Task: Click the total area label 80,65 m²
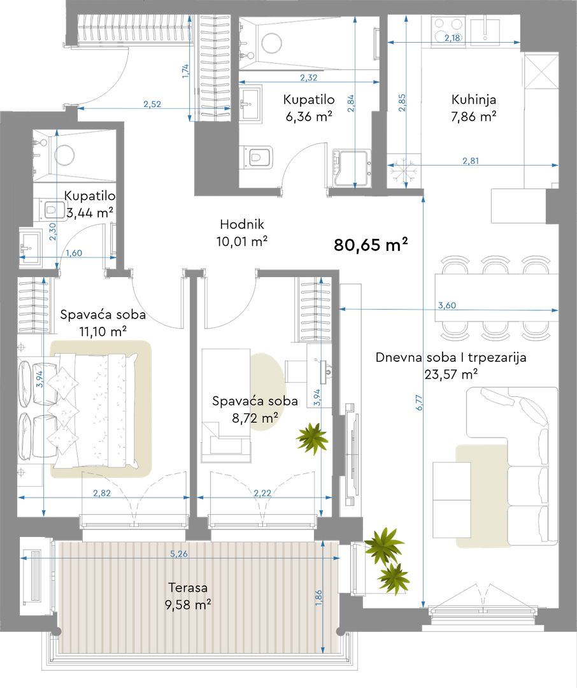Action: click(x=371, y=245)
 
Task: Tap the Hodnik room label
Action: click(x=242, y=224)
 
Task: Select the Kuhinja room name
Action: click(x=473, y=99)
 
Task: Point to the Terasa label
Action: click(x=188, y=587)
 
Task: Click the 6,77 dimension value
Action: click(x=420, y=403)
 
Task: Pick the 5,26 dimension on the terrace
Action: click(x=178, y=554)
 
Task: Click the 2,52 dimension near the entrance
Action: click(x=152, y=104)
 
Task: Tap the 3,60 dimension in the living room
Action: click(x=446, y=305)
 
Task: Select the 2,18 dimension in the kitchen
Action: click(x=452, y=38)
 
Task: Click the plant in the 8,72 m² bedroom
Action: click(x=312, y=438)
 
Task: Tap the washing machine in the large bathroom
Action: click(x=352, y=168)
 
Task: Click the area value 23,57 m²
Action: click(x=451, y=375)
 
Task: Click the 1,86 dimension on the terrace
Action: click(x=318, y=598)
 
